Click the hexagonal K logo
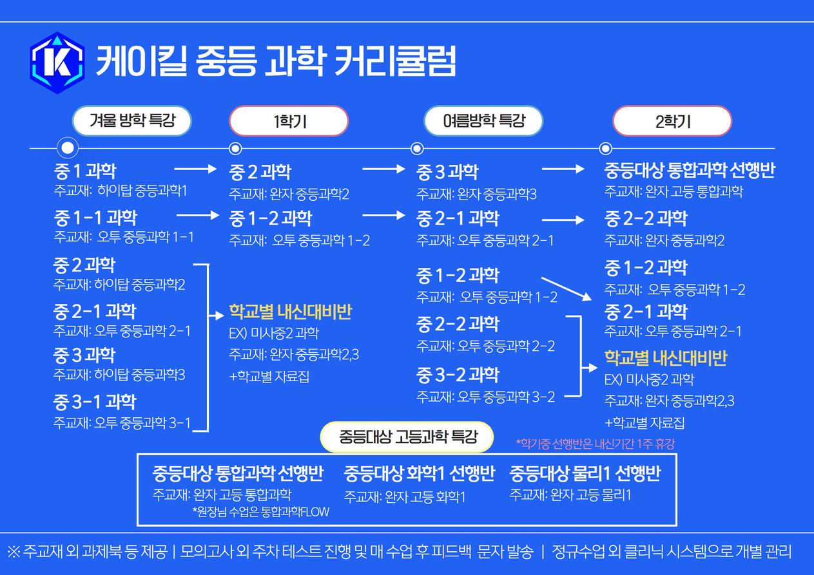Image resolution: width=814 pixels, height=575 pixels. click(57, 62)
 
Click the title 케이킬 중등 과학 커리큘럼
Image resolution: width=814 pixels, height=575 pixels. click(276, 63)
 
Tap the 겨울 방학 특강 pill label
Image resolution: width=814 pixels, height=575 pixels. click(131, 121)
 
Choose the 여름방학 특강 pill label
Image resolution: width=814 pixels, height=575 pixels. click(483, 121)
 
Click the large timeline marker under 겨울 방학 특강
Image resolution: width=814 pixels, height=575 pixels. click(68, 148)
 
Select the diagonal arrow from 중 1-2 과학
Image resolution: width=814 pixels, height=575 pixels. click(567, 288)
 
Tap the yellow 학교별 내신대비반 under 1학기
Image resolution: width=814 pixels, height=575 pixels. click(290, 313)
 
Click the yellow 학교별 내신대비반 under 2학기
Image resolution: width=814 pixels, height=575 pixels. click(666, 358)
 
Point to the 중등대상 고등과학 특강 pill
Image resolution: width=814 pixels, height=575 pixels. click(407, 438)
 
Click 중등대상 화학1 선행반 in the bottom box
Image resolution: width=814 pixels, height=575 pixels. click(419, 474)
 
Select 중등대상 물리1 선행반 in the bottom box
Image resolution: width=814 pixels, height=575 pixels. click(585, 474)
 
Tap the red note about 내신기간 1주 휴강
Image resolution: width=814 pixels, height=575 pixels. click(595, 444)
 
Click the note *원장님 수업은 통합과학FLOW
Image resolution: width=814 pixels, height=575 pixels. click(260, 513)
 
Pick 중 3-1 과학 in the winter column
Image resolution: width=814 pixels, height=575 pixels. click(95, 402)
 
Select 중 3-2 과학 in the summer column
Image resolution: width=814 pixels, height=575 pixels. click(458, 375)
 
